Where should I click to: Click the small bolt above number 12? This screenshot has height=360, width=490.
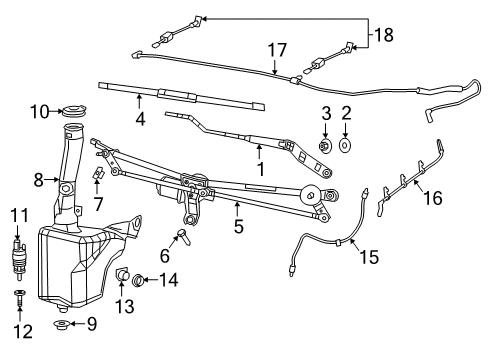click(18, 297)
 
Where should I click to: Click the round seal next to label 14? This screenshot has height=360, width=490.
click(138, 280)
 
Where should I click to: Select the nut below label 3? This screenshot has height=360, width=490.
click(326, 146)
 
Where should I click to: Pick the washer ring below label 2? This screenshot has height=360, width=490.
click(346, 146)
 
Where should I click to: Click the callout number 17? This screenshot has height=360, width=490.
click(275, 47)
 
